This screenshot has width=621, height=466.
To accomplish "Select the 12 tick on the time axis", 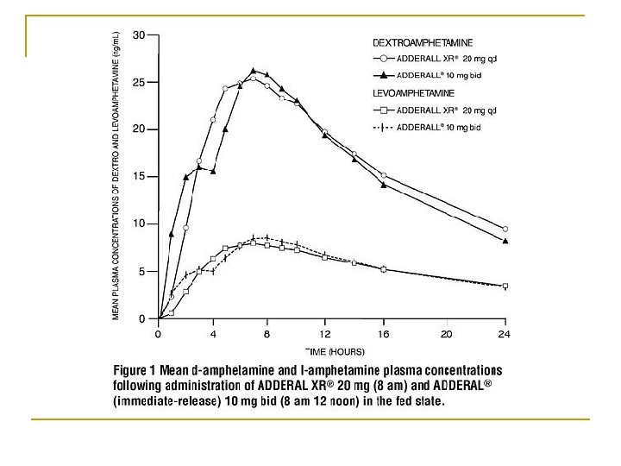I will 324,332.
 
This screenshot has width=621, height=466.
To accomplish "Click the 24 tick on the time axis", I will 505,332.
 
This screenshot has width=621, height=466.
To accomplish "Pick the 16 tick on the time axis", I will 385,332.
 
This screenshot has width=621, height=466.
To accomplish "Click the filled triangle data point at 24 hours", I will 505,241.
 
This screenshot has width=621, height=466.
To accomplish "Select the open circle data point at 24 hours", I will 505,229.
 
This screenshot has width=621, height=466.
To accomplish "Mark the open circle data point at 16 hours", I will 384,175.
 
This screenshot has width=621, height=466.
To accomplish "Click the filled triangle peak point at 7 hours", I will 254,71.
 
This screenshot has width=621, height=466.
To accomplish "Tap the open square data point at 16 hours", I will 384,269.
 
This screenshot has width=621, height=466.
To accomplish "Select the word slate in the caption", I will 426,402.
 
